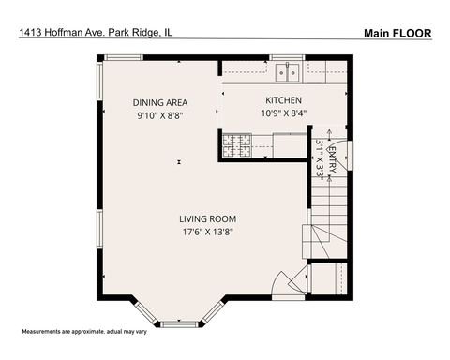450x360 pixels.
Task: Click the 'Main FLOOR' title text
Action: [397, 33]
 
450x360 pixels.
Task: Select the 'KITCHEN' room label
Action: [284, 100]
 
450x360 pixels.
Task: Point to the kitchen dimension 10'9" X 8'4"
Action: [284, 113]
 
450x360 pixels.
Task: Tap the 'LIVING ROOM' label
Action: [208, 219]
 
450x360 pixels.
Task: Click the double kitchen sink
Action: [289, 69]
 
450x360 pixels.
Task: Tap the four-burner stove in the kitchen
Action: [235, 143]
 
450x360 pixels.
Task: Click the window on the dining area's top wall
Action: [123, 58]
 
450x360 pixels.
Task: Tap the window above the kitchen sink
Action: [289, 58]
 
